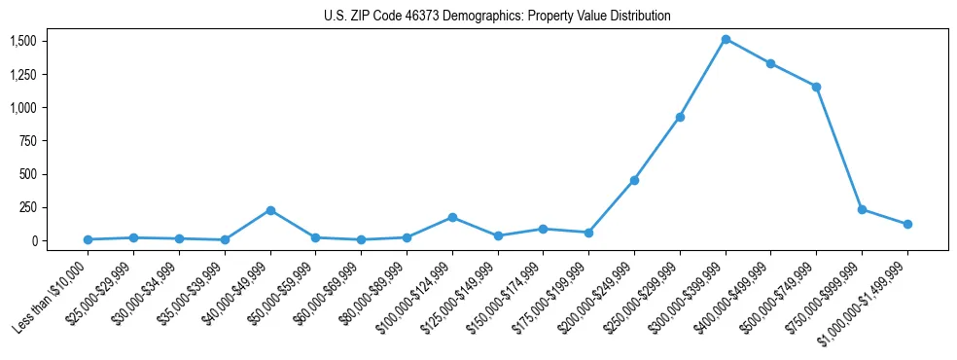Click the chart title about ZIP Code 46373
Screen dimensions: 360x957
pyautogui.click(x=497, y=17)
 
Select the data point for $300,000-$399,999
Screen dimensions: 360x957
pyautogui.click(x=726, y=39)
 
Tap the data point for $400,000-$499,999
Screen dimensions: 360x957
pyautogui.click(x=770, y=63)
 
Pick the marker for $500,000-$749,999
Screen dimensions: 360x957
pyautogui.click(x=816, y=87)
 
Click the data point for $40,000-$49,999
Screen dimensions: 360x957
pyautogui.click(x=270, y=210)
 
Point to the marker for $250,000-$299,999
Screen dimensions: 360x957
pyautogui.click(x=680, y=117)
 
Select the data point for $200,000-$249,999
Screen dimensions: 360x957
pyautogui.click(x=634, y=180)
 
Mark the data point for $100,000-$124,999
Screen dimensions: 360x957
pyautogui.click(x=452, y=217)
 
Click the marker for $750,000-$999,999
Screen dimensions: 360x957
pyautogui.click(x=862, y=209)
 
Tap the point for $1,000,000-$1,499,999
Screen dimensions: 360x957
pyautogui.click(x=907, y=224)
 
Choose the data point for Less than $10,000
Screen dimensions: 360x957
pyautogui.click(x=89, y=239)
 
